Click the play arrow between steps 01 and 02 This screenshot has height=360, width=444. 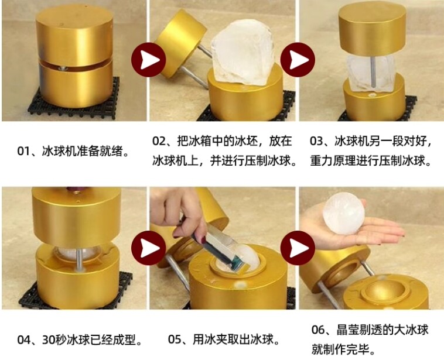(148, 60)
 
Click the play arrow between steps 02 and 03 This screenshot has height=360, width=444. (298, 60)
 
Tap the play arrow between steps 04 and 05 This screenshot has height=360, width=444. (148, 248)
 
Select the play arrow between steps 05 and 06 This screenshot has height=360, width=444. (298, 248)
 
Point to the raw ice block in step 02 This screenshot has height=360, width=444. (243, 53)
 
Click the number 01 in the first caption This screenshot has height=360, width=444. (23, 152)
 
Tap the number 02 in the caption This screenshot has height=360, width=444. (159, 140)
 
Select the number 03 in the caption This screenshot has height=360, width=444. (316, 140)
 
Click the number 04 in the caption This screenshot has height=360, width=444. (23, 340)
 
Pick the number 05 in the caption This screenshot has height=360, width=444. (174, 340)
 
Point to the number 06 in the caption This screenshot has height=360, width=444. (317, 330)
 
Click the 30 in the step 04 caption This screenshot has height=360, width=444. (48, 340)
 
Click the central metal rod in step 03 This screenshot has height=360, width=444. (374, 72)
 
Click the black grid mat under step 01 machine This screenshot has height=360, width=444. (74, 99)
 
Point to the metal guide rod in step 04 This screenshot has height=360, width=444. (80, 259)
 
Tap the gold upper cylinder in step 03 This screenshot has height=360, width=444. (372, 30)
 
